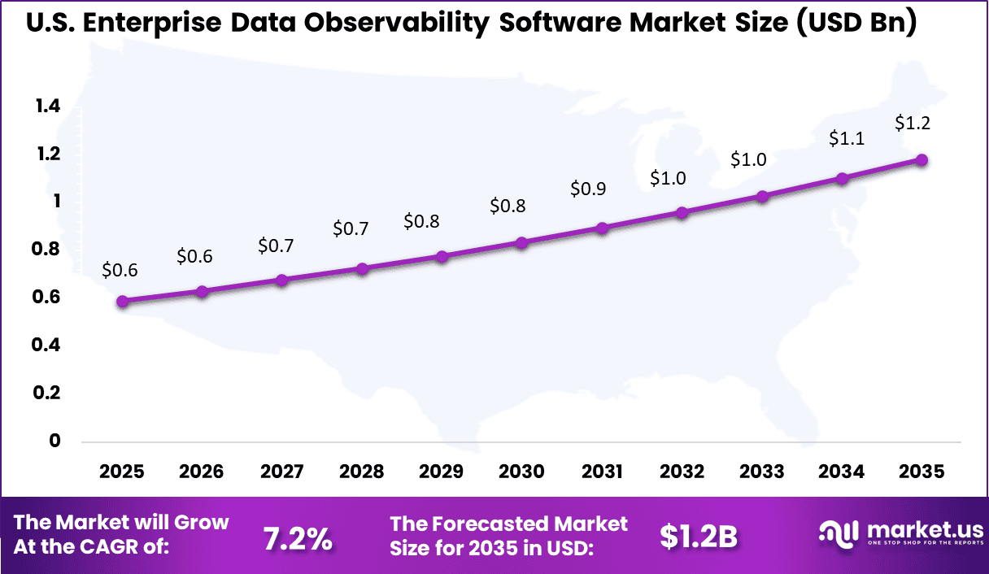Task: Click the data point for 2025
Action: pyautogui.click(x=122, y=302)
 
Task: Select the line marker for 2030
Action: pyautogui.click(x=522, y=243)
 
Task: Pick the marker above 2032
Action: pyautogui.click(x=682, y=213)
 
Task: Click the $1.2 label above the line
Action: pyautogui.click(x=913, y=124)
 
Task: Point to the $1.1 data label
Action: pyautogui.click(x=846, y=139)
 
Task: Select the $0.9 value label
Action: pyautogui.click(x=588, y=189)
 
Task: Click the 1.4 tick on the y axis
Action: pyautogui.click(x=47, y=106)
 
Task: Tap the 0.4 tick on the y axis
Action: pyautogui.click(x=47, y=345)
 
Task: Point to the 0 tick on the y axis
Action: pyautogui.click(x=55, y=441)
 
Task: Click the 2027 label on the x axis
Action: pyautogui.click(x=282, y=472)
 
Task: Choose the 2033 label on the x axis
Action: pyautogui.click(x=762, y=472)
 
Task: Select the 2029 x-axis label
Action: pyautogui.click(x=442, y=472)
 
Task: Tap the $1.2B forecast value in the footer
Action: pyautogui.click(x=698, y=537)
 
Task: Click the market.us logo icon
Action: pyautogui.click(x=838, y=533)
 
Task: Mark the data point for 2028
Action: pyautogui.click(x=362, y=269)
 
